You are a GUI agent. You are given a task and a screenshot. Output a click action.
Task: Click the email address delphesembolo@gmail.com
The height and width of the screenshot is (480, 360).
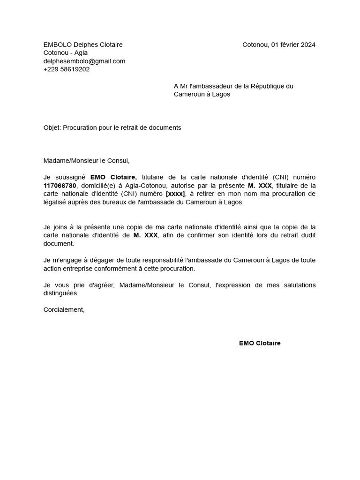coord(84,61)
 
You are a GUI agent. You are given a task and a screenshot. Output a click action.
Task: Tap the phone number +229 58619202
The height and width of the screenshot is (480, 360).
coord(67,69)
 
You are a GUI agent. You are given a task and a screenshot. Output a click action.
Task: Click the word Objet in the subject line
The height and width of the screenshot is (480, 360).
coord(52,127)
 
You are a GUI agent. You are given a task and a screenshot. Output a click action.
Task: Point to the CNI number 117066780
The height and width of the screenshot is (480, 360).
coord(60,186)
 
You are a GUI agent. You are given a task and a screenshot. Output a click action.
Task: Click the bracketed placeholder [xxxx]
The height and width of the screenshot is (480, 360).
coord(175,194)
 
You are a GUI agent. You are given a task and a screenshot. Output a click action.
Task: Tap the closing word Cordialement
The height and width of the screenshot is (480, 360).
coord(64,309)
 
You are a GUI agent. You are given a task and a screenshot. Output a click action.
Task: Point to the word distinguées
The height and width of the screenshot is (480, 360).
coord(61,293)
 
